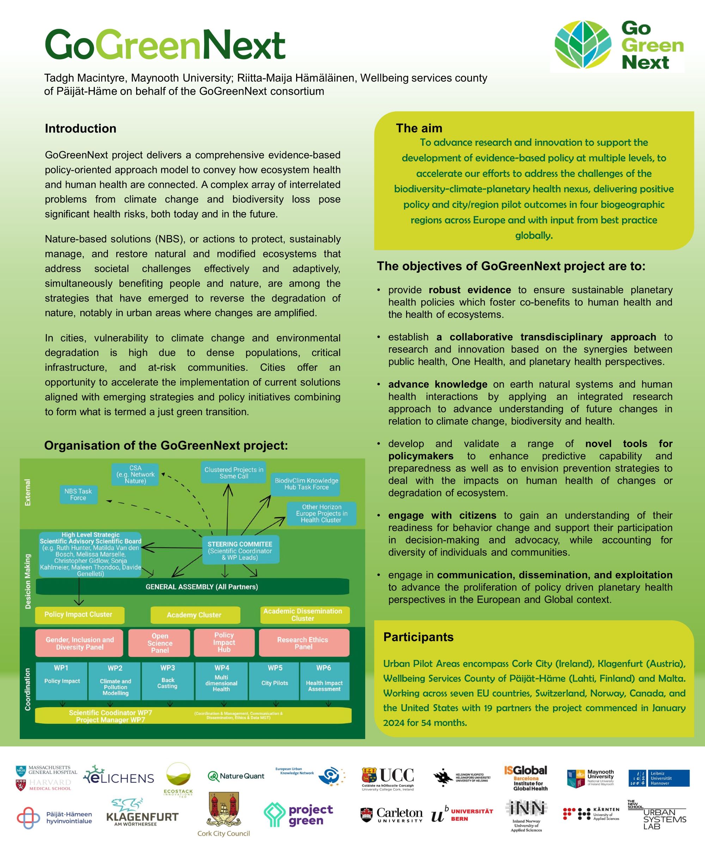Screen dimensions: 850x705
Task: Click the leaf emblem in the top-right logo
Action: tap(583, 44)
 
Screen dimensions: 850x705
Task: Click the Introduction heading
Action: tap(81, 128)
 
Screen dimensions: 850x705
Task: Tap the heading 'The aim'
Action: tap(419, 128)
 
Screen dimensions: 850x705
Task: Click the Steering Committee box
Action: tap(240, 550)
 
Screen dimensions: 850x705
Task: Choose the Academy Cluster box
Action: tap(195, 615)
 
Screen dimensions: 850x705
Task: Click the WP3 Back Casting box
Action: tap(167, 681)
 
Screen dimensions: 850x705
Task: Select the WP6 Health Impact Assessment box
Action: tap(324, 681)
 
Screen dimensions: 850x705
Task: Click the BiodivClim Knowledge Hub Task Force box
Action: tap(306, 484)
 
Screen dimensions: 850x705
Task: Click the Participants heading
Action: tap(418, 637)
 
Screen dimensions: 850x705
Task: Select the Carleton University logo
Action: tap(391, 814)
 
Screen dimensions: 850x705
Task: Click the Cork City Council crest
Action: tap(223, 811)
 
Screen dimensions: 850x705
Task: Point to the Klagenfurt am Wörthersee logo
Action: tap(142, 811)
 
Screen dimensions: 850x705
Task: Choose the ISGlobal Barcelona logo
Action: tap(526, 777)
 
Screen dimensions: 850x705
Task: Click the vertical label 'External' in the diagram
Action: tap(27, 492)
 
